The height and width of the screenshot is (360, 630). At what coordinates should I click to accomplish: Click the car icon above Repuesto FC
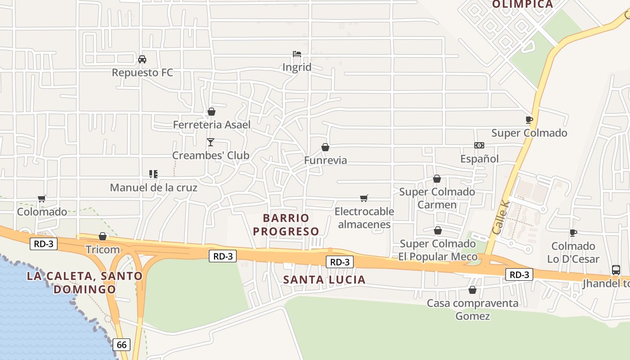[142, 59]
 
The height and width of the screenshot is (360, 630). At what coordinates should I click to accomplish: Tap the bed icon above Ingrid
[297, 54]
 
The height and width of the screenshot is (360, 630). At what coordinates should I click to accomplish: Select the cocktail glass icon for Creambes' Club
[211, 142]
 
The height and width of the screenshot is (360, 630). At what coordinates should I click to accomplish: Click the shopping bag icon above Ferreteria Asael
[211, 112]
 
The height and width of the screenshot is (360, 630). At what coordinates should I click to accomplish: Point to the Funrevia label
[325, 160]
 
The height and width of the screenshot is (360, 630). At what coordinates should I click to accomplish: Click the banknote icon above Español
[479, 145]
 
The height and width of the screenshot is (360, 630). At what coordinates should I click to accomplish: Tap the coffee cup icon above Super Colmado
[529, 120]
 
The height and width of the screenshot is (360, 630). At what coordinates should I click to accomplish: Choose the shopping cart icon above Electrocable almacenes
[364, 198]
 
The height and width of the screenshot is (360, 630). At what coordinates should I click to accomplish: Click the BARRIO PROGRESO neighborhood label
[286, 225]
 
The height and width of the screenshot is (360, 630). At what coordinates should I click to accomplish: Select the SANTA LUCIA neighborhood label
[324, 279]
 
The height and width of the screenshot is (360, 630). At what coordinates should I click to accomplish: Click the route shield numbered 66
[121, 345]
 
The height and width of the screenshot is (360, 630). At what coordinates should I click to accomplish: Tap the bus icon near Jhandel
[616, 270]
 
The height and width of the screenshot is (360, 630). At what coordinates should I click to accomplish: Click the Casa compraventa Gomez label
[472, 310]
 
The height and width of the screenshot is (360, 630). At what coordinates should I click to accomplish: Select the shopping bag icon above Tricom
[103, 236]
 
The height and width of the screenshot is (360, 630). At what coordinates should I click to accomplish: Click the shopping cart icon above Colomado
[42, 198]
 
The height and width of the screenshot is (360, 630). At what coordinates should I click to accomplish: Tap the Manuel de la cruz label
[153, 187]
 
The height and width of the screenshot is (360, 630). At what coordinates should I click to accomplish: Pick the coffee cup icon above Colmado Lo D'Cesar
[573, 233]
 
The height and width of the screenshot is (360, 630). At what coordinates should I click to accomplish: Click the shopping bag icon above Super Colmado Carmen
[437, 179]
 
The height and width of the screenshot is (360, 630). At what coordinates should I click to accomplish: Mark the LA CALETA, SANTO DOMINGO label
[85, 282]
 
